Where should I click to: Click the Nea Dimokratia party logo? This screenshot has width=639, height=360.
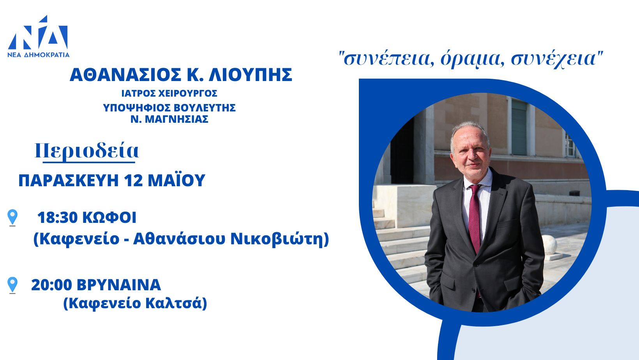click(38, 36)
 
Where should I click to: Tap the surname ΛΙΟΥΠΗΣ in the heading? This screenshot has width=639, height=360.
click(251, 75)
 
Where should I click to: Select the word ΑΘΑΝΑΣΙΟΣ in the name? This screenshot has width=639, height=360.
click(125, 75)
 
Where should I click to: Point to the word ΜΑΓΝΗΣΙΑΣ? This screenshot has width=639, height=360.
click(177, 119)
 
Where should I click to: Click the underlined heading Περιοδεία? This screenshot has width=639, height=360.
click(87, 152)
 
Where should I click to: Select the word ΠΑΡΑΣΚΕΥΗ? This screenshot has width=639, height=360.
click(69, 180)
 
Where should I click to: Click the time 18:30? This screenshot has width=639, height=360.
click(57, 217)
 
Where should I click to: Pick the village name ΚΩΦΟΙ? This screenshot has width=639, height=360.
click(109, 217)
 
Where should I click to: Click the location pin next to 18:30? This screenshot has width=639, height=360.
click(12, 217)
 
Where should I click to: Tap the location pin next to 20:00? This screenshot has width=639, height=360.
click(12, 285)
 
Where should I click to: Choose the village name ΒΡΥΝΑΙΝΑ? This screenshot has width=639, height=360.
click(119, 285)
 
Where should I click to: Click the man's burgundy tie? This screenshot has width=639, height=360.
click(475, 218)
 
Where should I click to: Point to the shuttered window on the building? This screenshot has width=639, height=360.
click(519, 127)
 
